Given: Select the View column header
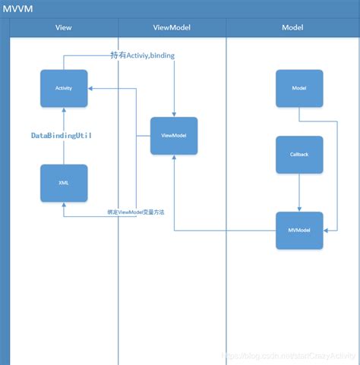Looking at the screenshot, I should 64,27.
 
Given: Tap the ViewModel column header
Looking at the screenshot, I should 172,27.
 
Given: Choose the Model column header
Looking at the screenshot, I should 292,27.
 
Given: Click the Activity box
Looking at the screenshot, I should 64,88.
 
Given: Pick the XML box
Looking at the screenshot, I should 64,183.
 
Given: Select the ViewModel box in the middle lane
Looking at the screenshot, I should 174,136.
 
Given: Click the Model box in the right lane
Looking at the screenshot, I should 299,88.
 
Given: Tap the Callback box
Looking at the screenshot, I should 299,154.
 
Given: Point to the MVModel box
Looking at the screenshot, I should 299,230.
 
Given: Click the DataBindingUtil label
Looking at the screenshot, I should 62,135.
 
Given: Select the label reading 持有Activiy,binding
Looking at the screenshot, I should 142,55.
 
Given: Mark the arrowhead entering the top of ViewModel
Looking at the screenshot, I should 174,114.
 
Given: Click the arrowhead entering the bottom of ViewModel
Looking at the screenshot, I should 174,158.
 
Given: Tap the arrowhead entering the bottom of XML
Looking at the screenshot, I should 64,205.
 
